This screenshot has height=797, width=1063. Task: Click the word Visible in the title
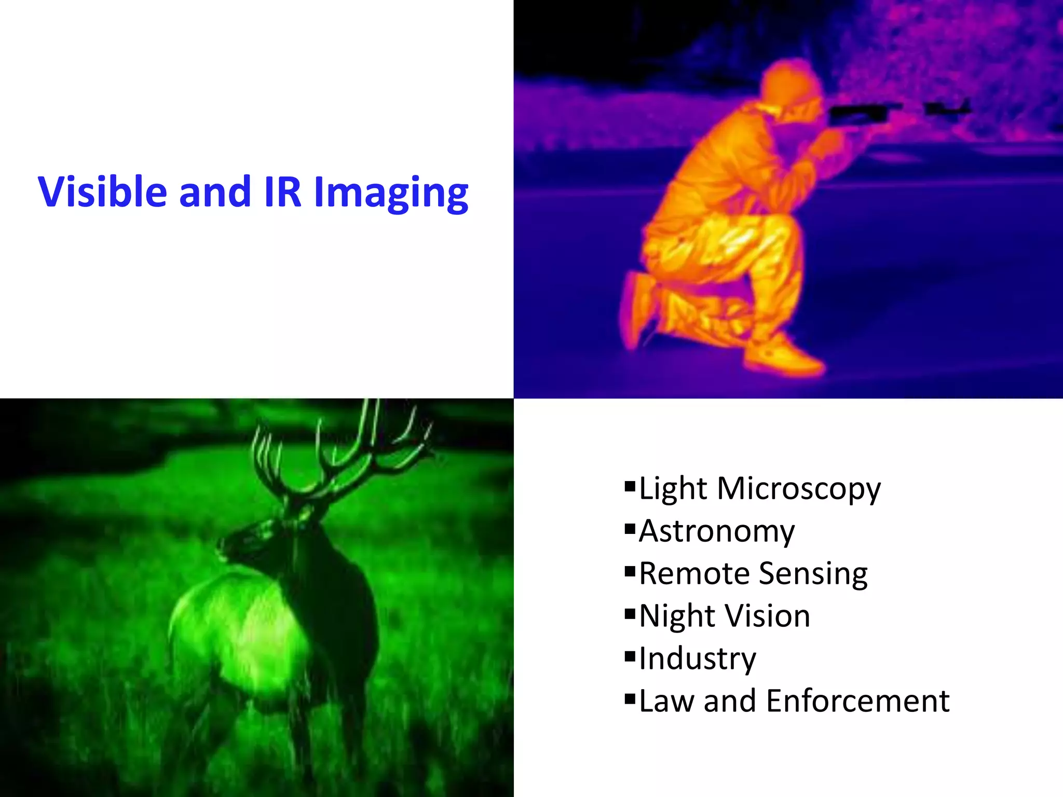click(102, 192)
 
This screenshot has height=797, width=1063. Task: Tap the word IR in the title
click(282, 192)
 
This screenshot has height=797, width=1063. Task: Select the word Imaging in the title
click(391, 193)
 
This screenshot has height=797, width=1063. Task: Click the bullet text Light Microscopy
click(759, 489)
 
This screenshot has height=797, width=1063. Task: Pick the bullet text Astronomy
click(716, 531)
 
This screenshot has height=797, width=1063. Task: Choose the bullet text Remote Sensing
click(753, 574)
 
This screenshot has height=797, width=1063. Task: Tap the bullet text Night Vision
click(724, 616)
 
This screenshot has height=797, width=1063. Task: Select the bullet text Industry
click(697, 659)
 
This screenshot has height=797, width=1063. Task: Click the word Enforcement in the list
click(857, 701)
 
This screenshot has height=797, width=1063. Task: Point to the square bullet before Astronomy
click(630, 530)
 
